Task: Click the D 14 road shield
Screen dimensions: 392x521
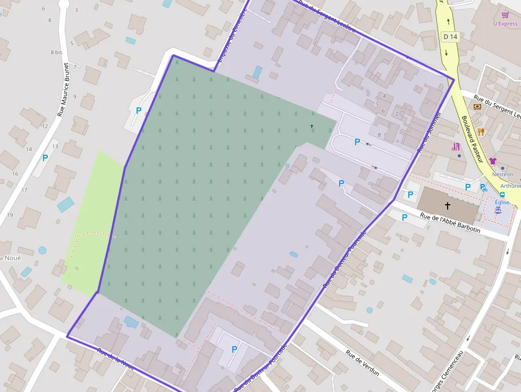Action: tap(450, 37)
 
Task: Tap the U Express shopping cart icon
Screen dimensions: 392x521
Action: tap(505, 15)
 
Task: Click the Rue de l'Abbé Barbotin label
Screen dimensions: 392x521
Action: tap(450, 223)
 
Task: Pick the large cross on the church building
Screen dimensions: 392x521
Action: tap(447, 205)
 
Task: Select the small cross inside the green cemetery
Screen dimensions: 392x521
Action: tap(312, 126)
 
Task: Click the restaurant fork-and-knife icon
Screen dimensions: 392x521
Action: tap(481, 131)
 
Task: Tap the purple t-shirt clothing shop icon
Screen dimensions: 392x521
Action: tap(492, 161)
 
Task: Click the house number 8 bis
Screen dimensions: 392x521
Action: tap(56, 52)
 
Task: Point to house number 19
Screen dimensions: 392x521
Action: tap(10, 215)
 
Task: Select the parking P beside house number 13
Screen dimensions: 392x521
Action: tap(45, 157)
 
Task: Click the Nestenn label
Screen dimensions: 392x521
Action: tap(502, 174)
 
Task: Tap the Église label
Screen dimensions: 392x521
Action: tap(502, 202)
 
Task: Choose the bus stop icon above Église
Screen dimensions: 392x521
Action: tap(502, 194)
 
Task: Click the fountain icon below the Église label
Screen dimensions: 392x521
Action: tap(498, 211)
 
